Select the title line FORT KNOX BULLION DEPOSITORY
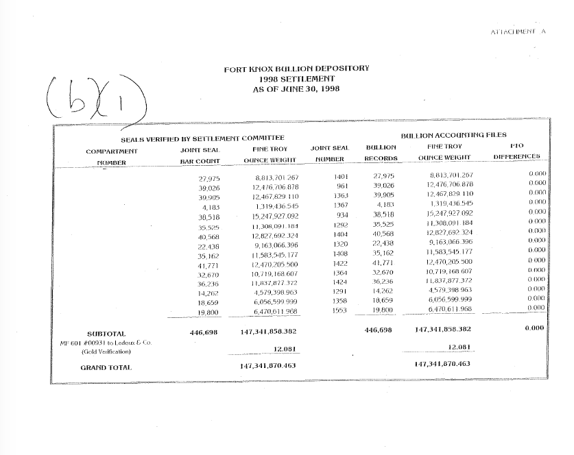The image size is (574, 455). [x=296, y=69]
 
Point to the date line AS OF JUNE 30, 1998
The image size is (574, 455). [x=296, y=89]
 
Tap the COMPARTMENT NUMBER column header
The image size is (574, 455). [x=112, y=156]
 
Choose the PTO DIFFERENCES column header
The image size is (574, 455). [x=517, y=151]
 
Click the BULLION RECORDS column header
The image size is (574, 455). [x=381, y=153]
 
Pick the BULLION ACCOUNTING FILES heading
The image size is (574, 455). [x=453, y=136]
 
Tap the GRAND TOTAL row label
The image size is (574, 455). [x=106, y=367]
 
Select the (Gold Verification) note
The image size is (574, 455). [x=106, y=351]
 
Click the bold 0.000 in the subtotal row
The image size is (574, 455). [x=533, y=328]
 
